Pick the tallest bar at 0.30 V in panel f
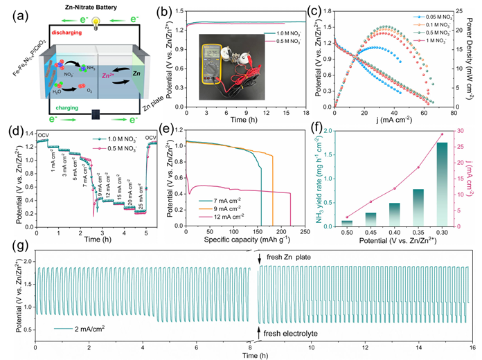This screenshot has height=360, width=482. coord(442,183)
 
